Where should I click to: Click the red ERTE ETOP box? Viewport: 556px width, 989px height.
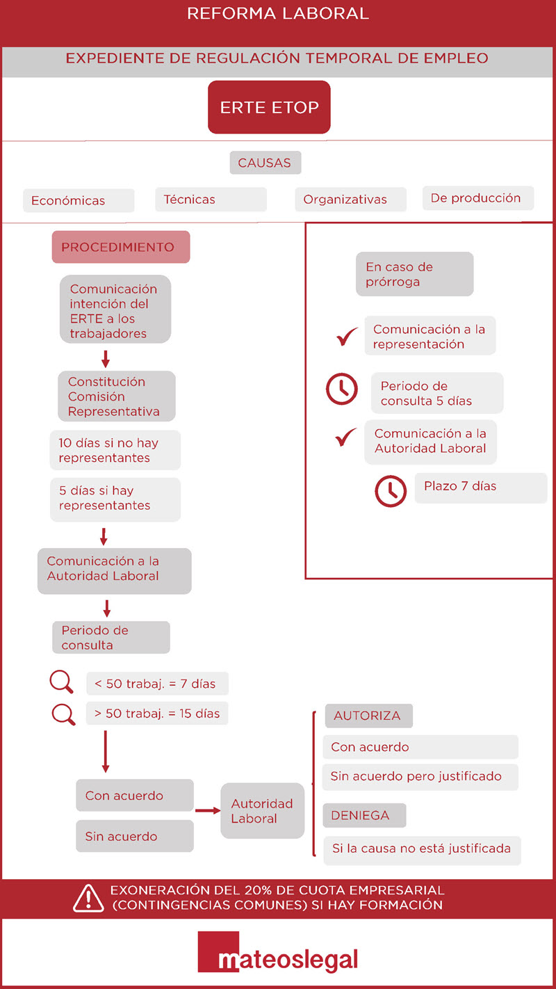tap(269, 107)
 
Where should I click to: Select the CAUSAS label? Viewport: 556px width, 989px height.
tap(265, 163)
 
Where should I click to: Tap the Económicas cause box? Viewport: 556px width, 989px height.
tap(79, 200)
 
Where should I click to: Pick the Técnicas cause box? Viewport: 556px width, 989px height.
tap(211, 199)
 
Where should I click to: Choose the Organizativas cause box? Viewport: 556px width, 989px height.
tap(351, 199)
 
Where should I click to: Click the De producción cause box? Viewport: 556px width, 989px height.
tap(478, 198)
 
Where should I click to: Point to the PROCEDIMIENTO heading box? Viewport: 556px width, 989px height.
tap(121, 247)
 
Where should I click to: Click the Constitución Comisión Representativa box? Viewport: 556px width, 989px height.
tap(117, 396)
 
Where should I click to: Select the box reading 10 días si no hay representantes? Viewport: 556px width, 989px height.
tap(115, 450)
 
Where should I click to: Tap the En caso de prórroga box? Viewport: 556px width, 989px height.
tap(415, 274)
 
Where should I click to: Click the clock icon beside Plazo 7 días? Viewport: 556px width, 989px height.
tap(391, 491)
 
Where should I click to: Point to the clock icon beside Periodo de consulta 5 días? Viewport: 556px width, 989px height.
tap(341, 389)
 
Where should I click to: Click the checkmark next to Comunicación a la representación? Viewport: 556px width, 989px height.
tap(347, 337)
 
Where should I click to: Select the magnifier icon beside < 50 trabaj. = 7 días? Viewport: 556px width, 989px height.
tap(61, 682)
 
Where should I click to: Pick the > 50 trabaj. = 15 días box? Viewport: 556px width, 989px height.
tap(157, 713)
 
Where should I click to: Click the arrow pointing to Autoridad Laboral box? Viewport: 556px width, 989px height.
tap(208, 810)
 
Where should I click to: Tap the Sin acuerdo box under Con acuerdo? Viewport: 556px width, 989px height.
tap(135, 836)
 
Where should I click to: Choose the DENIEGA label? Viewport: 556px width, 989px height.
tap(364, 815)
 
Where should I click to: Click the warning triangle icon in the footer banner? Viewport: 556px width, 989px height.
tap(89, 898)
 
